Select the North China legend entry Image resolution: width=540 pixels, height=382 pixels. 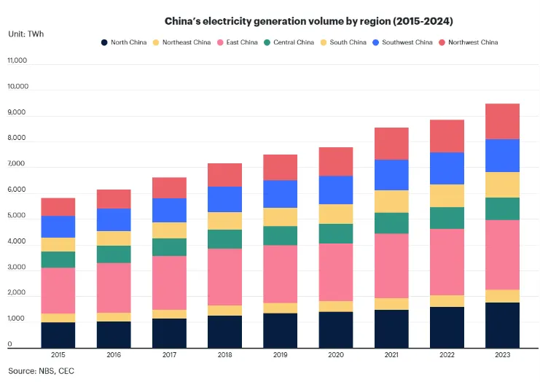125,42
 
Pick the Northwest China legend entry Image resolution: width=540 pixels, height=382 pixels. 469,42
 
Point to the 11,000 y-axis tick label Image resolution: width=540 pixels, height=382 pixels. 17,61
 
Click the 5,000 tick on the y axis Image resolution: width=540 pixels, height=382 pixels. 17,217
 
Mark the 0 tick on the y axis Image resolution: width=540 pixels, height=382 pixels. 10,345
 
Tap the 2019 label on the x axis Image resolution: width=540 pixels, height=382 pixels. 279,355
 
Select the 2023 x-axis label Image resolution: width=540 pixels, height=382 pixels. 502,355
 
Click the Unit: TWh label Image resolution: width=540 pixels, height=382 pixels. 26,34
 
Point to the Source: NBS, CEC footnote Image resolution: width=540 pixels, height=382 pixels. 41,371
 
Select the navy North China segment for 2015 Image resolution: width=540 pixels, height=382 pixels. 58,335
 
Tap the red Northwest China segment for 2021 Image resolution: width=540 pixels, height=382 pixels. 391,144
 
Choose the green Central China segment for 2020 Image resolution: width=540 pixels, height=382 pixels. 335,233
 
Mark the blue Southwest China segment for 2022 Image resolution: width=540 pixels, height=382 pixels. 446,168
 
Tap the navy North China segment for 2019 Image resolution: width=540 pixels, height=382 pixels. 279,330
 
